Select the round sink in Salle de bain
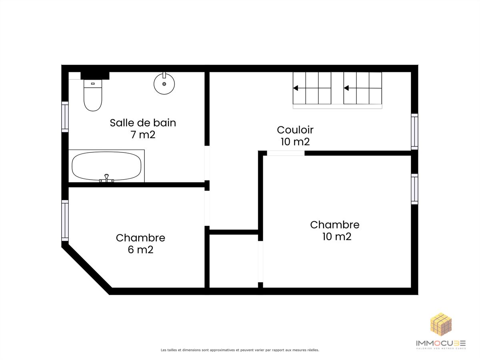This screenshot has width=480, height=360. coord(164,84)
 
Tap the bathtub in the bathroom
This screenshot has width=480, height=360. coord(106,166)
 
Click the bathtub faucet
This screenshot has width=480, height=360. coord(106,178)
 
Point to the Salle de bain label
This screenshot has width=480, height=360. coord(143,123)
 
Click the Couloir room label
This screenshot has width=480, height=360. coord(295,130)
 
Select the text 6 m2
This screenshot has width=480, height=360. coord(141,250)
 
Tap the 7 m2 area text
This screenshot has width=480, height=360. coord(143,135)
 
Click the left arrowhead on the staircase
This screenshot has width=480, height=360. coord(296,88)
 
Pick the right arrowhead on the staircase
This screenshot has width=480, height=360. coord(346,88)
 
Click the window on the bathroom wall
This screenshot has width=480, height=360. coord(65,117)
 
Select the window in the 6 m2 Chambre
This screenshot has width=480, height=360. coord(65,220)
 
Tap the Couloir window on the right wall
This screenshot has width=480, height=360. coord(414,132)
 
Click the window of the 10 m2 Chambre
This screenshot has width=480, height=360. coord(414,189)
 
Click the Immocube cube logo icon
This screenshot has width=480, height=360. coord(441,324)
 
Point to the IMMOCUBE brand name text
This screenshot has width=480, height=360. coord(441,343)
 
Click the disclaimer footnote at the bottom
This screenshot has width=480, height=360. coord(240,350)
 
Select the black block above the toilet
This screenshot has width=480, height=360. coord(95,76)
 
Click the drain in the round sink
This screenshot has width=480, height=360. coord(164,84)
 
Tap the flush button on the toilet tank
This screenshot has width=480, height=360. coord(93,84)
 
